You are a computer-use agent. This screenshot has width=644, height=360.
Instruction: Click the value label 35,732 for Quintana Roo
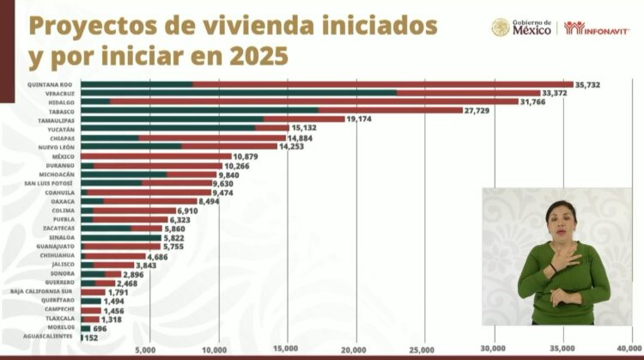click(592, 84)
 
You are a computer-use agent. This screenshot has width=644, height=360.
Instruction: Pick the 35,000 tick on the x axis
click(562, 350)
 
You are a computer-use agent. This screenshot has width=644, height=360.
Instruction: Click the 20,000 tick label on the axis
click(355, 350)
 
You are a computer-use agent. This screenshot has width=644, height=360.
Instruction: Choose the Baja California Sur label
click(42, 291)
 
